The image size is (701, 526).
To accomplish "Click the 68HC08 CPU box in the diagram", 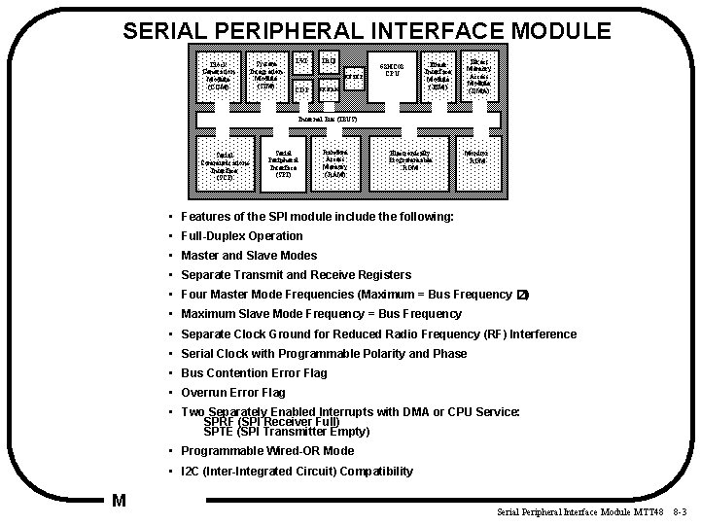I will coord(392,72).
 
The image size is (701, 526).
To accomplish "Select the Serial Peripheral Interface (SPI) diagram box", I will coord(283,163).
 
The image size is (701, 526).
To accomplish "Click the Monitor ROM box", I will coord(476,157).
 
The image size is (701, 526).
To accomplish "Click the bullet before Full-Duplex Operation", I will coord(170,236).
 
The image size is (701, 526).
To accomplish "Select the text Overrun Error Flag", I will coord(233,393).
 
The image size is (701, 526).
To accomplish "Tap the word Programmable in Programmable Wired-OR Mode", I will coord(219,451).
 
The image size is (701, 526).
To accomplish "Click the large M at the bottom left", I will coord(119,502).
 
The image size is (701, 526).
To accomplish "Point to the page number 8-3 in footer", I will coord(679,511).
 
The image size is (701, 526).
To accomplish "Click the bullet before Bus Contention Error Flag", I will coord(170,373).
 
